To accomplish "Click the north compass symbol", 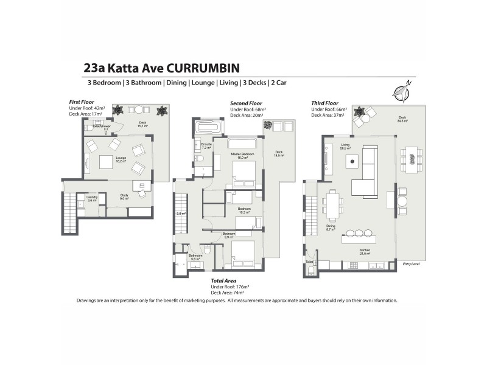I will (x=402, y=92).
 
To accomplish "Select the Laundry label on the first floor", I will (x=93, y=198).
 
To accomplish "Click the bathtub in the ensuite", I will (x=209, y=127).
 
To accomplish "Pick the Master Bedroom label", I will (x=242, y=155).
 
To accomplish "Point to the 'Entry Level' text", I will (x=412, y=264).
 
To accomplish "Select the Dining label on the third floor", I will (x=331, y=226).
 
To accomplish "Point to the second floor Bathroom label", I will (x=195, y=257).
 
